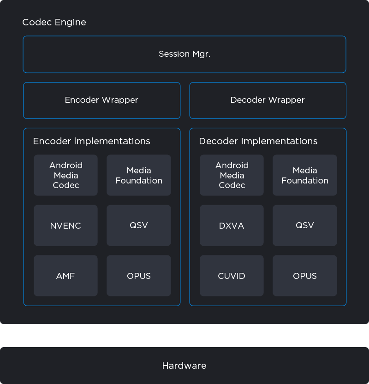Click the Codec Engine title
54,22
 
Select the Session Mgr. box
184,54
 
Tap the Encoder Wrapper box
101,100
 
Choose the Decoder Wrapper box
268,100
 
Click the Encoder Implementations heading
91,142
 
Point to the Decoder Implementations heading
258,142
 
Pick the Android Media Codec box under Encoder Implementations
65,175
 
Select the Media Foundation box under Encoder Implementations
139,175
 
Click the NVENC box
65,225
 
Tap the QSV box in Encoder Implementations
139,225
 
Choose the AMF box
65,276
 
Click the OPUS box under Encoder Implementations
139,276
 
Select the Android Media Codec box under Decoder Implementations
232,175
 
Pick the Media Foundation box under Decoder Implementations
305,175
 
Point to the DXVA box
232,225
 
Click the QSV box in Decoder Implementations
305,225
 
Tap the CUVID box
232,276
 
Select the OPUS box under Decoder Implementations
305,276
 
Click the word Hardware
184,366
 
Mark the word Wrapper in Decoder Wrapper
286,100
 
